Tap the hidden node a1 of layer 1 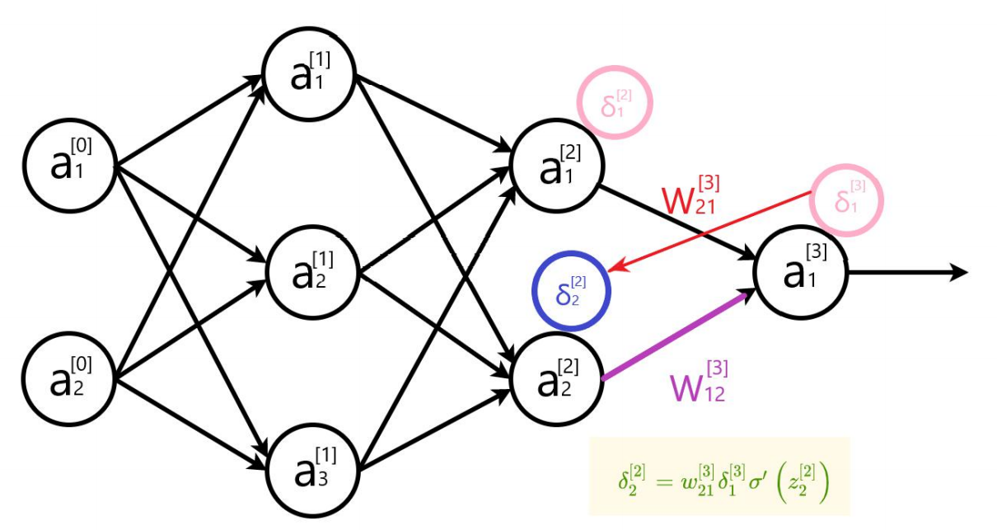[309, 75]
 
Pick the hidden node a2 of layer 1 [311, 271]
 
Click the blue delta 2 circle [571, 291]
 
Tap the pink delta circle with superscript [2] [614, 103]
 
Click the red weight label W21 [693, 196]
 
